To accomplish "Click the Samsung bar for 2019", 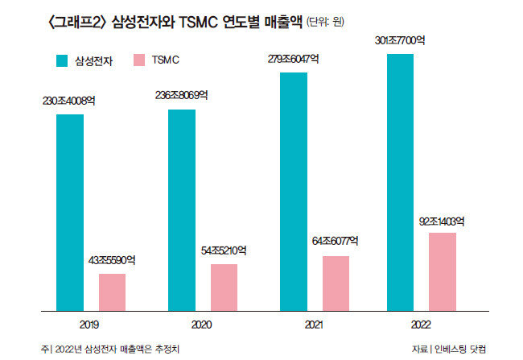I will click(x=70, y=212).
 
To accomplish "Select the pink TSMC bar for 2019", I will click(x=112, y=292).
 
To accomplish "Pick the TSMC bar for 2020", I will click(x=224, y=287).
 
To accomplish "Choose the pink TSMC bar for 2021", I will click(x=336, y=283).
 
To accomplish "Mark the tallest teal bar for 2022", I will click(x=401, y=182).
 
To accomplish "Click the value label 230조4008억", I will click(x=70, y=101).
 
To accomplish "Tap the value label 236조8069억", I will click(x=182, y=95).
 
